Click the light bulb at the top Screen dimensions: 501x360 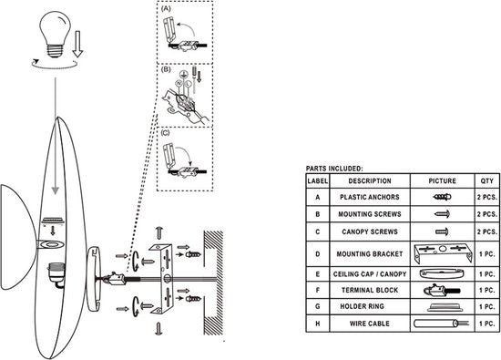pos(55,34)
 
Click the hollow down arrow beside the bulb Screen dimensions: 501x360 pos(77,44)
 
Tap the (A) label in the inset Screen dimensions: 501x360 pos(166,9)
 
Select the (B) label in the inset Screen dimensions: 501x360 pos(166,69)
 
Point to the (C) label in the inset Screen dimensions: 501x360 pos(166,133)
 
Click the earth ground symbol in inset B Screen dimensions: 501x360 pos(183,75)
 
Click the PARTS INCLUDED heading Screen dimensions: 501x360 pos(334,169)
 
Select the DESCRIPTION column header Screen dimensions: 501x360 pos(370,181)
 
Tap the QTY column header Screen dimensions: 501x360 pos(487,181)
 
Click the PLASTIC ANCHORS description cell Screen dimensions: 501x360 pos(370,197)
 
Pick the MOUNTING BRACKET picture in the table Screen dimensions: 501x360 pos(443,254)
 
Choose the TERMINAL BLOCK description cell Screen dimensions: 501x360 pos(370,291)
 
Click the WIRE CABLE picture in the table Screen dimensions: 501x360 pos(441,324)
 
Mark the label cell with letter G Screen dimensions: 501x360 pos(318,306)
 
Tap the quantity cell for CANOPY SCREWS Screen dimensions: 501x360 pos(487,231)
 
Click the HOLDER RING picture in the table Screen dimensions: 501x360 pos(445,307)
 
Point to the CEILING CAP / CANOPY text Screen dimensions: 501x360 pos(370,274)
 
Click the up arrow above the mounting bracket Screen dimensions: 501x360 pos(159,233)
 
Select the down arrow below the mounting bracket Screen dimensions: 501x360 pos(158,329)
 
